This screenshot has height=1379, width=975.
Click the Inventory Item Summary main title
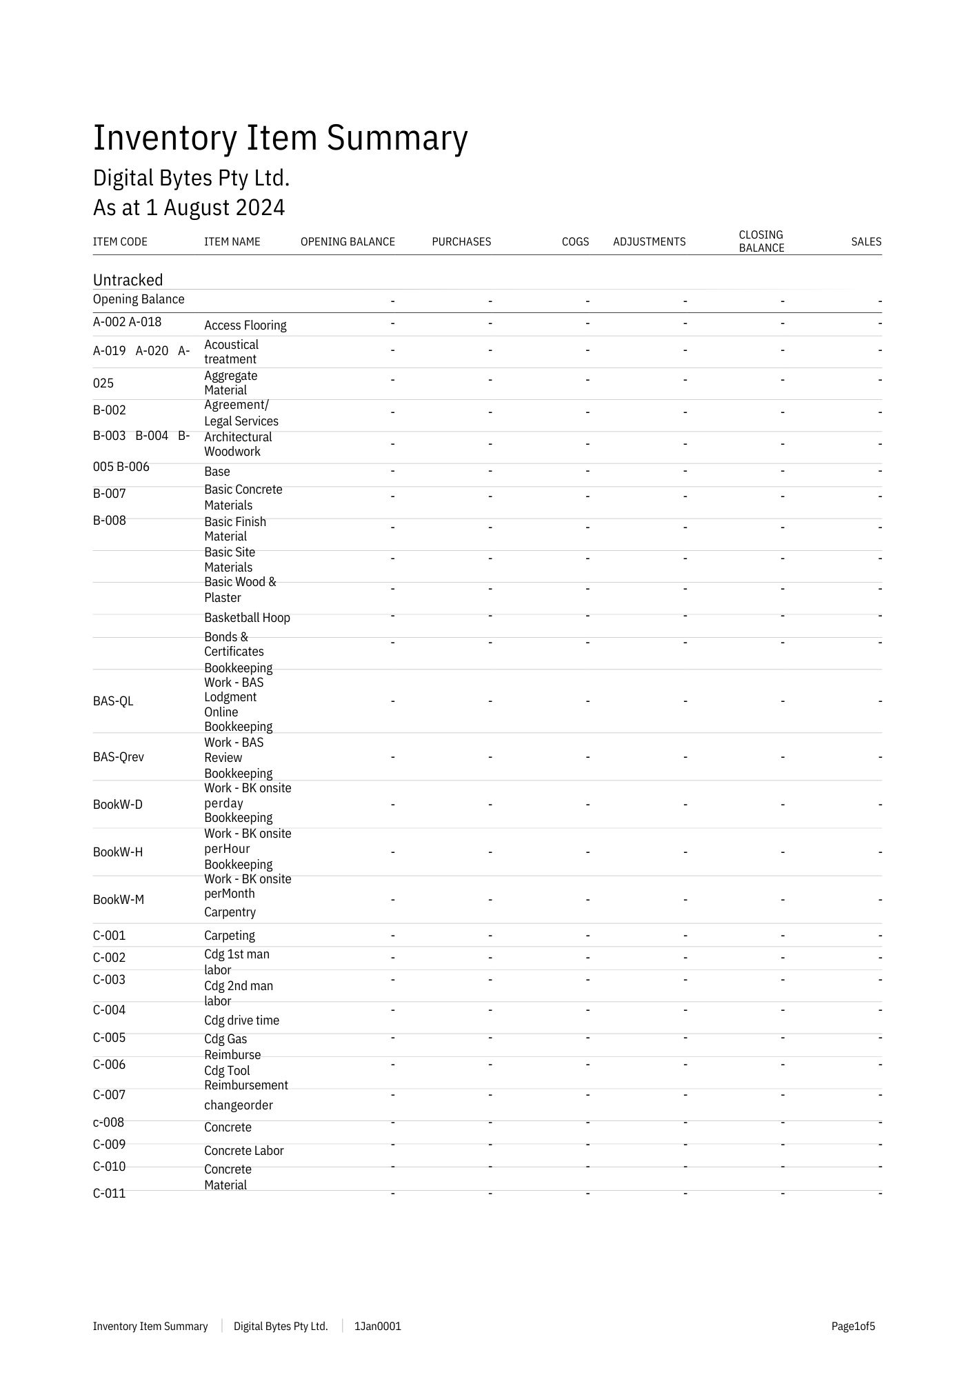(280, 138)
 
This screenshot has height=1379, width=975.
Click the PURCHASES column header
(461, 242)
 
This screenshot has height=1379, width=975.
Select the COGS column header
(575, 242)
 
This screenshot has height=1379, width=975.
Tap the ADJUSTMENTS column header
(649, 242)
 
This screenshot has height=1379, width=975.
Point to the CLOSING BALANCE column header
(761, 241)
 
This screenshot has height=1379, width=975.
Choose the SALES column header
(866, 242)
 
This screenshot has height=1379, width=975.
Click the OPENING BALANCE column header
(348, 242)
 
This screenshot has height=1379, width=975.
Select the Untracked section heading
(128, 280)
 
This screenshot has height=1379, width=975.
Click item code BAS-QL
(113, 701)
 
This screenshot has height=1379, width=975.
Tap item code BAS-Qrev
(119, 757)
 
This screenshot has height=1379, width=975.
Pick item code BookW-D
(118, 805)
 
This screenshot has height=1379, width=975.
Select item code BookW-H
(118, 852)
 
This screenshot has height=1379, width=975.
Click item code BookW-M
(119, 900)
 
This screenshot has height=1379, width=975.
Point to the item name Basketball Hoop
(247, 618)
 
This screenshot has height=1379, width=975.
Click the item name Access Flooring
(245, 325)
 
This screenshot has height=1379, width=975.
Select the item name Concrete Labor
(243, 1151)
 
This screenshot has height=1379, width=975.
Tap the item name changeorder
(239, 1105)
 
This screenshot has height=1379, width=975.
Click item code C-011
(110, 1194)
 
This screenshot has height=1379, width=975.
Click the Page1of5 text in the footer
(853, 1327)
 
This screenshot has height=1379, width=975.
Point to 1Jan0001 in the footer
(377, 1327)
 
